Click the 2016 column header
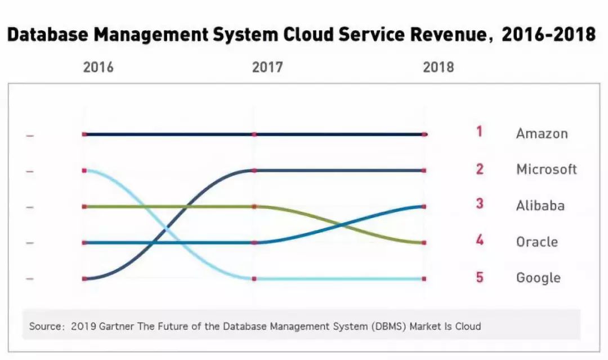pos(98,68)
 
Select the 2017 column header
pos(267,68)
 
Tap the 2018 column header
pos(438,68)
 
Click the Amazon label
pos(542,134)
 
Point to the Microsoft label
pos(546,169)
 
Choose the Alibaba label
pos(540,206)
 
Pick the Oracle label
pos(537,242)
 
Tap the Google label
pos(538,278)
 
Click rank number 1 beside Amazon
pos(479,132)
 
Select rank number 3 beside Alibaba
pos(479,204)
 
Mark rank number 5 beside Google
pos(479,277)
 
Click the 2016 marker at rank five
pos(84,278)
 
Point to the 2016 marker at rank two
pos(84,170)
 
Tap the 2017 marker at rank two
pos(254,170)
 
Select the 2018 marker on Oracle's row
pos(424,243)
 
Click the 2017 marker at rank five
pos(254,278)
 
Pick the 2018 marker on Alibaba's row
pos(424,207)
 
